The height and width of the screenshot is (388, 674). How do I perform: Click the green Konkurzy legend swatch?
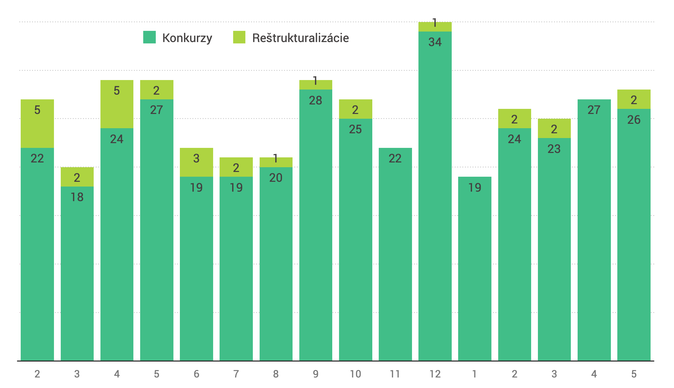point(149,37)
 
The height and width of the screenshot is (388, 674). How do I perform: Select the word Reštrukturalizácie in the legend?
point(300,38)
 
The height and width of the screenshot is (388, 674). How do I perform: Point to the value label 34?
point(435,42)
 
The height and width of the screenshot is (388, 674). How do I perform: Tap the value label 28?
point(315,100)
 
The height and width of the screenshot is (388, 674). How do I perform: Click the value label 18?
point(77,197)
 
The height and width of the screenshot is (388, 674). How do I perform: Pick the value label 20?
point(276,178)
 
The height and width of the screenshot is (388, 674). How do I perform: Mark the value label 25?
point(355,129)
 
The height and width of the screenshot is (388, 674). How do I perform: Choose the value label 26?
point(634,120)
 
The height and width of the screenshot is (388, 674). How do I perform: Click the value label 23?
point(554,149)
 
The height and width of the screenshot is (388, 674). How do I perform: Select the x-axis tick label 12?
point(435,374)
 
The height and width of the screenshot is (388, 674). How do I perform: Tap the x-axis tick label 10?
point(355,374)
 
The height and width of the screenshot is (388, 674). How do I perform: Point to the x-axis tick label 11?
point(395,374)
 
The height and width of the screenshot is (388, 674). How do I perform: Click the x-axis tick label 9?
point(316,374)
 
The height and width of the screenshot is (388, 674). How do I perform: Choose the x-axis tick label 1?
point(474,374)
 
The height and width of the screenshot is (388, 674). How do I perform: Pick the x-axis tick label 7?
point(236,374)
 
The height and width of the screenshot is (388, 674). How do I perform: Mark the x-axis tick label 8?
point(276,374)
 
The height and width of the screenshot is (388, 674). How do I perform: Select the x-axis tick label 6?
point(196,374)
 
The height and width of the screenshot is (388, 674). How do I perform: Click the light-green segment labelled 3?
point(196,162)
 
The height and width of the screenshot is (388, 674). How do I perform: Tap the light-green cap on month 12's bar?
point(435,27)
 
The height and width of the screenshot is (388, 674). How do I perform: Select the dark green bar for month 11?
point(395,254)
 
